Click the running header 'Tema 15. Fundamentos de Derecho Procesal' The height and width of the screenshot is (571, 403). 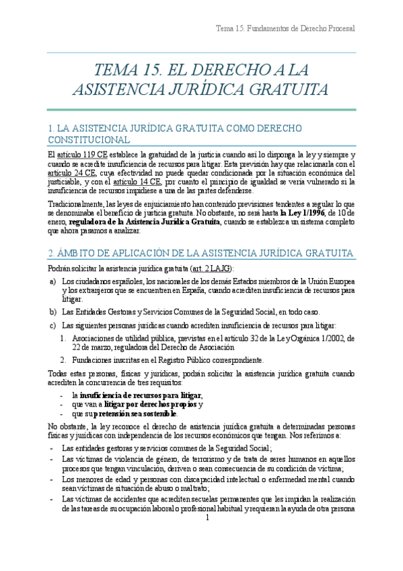click(285, 28)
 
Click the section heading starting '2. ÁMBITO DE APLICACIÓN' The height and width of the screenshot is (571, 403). click(201, 253)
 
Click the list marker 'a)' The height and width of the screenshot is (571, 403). click(52, 281)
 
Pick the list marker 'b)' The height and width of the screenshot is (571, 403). click(52, 312)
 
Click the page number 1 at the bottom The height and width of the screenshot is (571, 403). click(208, 536)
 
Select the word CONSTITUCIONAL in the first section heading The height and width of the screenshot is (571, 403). click(89, 139)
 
